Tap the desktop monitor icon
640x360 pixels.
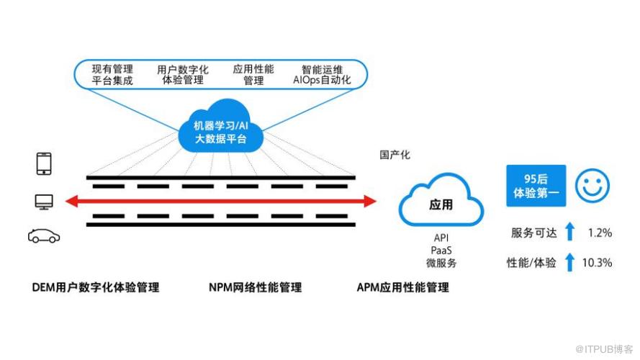pos(44,202)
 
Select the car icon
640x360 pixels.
pos(44,235)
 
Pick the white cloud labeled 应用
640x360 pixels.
pos(441,205)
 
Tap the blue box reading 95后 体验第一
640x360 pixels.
pos(536,185)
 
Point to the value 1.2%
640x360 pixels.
pos(599,233)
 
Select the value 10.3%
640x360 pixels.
pos(596,263)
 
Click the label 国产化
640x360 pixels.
pos(395,155)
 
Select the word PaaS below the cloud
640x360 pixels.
pos(441,251)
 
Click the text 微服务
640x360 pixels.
pos(441,264)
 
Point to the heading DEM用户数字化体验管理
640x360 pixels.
pos(96,288)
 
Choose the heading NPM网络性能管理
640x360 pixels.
pos(255,288)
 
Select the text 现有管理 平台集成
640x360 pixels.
pos(112,76)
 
